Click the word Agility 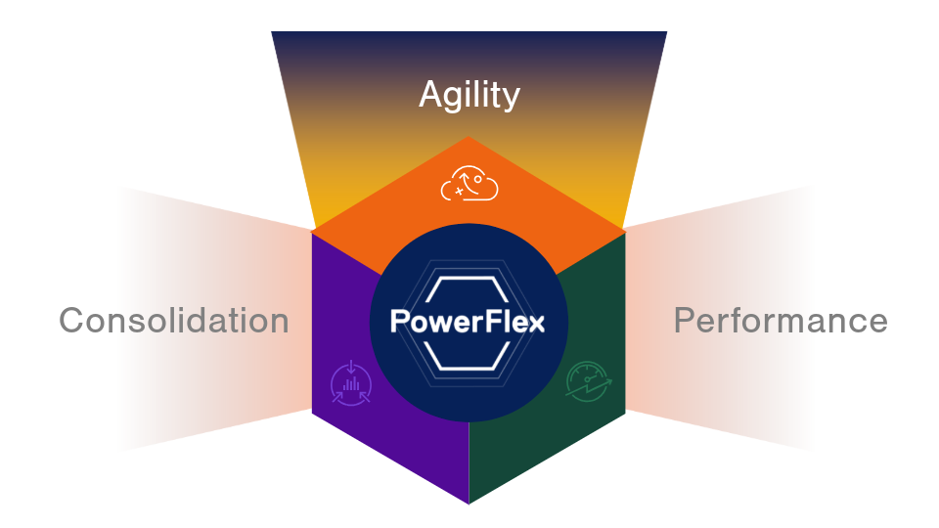click(x=469, y=95)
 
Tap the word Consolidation click(x=174, y=321)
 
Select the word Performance click(x=781, y=321)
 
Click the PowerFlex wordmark click(x=469, y=322)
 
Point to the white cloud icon click(x=469, y=183)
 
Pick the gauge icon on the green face click(x=590, y=383)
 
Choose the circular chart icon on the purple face click(x=352, y=383)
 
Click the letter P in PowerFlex click(x=399, y=322)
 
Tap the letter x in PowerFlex click(x=537, y=322)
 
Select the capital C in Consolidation click(x=71, y=321)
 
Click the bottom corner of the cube click(x=469, y=502)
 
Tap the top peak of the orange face click(x=469, y=138)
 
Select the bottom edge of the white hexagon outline click(x=469, y=368)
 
